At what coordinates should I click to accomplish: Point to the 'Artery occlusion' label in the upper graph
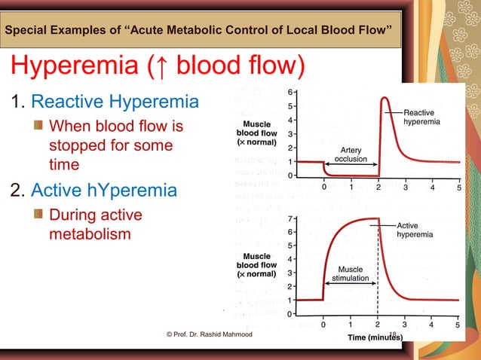(x=351, y=154)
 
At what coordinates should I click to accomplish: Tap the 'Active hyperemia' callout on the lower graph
(x=415, y=230)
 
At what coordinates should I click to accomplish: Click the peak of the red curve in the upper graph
(x=384, y=98)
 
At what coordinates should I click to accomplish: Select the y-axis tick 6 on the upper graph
(x=291, y=92)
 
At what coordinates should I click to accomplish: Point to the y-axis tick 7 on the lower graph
(x=291, y=218)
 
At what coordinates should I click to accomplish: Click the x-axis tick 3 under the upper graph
(x=405, y=188)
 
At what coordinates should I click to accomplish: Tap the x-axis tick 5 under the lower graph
(x=458, y=325)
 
